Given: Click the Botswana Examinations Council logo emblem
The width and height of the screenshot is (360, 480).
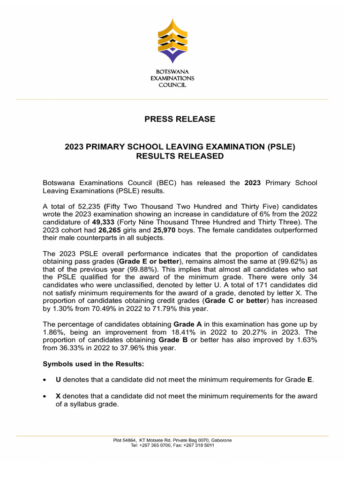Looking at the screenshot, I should pos(172,41).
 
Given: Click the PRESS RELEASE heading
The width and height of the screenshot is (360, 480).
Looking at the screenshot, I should pos(180,119).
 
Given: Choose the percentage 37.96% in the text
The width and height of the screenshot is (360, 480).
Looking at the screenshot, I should pos(134,348).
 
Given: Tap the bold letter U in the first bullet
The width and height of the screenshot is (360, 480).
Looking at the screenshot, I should pos(59,380).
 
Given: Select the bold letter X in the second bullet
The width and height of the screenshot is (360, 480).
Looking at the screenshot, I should pos(59,396).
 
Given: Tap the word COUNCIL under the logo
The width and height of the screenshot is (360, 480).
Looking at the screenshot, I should pos(172,85).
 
